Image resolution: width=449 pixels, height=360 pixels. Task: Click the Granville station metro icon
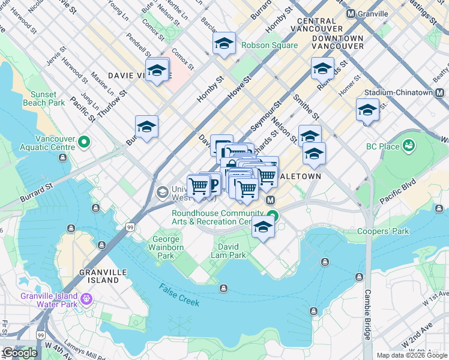point(351,14)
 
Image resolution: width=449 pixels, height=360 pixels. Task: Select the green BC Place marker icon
point(409,145)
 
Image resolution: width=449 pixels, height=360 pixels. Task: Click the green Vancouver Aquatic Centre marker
point(83,143)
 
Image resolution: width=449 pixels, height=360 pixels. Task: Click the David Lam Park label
point(228,251)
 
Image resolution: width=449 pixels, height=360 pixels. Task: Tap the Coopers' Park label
point(391,232)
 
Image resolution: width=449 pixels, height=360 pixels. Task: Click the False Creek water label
point(180,295)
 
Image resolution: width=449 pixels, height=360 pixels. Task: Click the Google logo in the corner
point(19,353)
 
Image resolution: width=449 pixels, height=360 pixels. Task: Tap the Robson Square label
point(269,45)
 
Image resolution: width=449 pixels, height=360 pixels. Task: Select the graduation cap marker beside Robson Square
point(224,43)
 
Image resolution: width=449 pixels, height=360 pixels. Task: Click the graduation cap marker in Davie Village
point(157,70)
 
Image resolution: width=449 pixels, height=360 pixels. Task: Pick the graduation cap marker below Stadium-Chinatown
point(367,110)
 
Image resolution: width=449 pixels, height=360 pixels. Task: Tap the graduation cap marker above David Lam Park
point(263,227)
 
